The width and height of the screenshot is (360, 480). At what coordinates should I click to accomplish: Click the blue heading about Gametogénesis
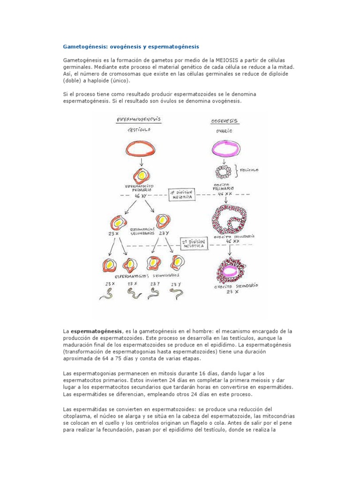click(x=131, y=47)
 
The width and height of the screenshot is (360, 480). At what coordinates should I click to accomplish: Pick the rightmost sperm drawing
click(x=176, y=293)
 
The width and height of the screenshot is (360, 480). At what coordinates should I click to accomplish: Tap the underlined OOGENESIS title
click(x=224, y=121)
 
